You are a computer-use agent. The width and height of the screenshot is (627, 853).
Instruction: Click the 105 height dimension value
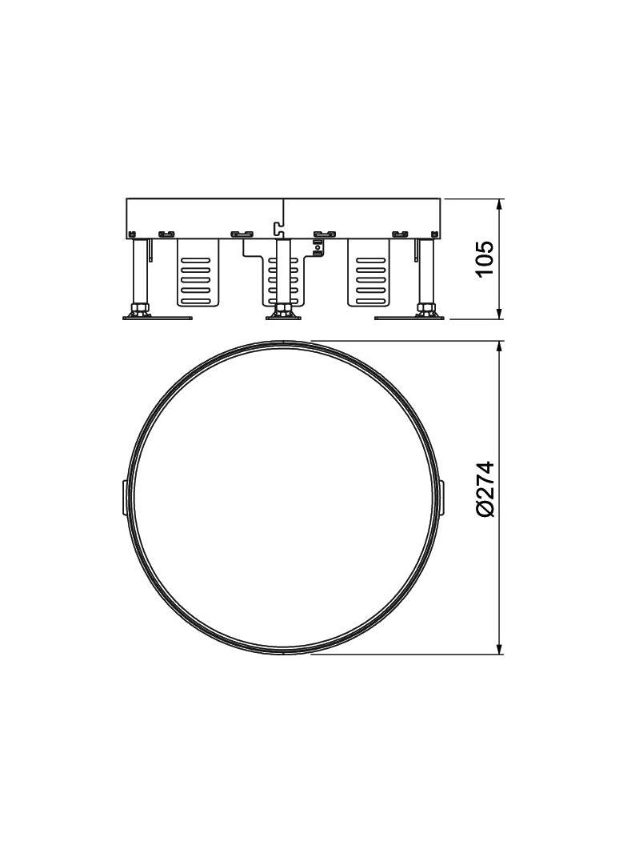[485, 258]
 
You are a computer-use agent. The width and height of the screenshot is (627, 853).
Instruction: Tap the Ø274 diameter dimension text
[485, 490]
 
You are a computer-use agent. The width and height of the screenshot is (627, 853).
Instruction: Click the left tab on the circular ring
[123, 497]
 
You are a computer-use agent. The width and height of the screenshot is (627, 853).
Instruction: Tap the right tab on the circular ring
[442, 497]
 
